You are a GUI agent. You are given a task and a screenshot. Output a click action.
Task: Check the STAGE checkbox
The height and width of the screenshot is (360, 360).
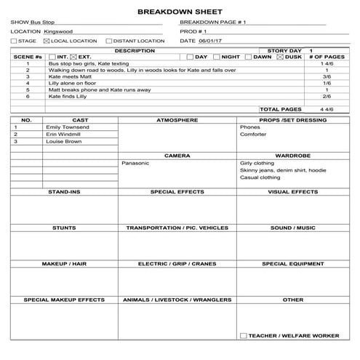point(14,41)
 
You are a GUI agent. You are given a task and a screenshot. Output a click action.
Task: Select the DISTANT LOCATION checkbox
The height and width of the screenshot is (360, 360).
point(109,41)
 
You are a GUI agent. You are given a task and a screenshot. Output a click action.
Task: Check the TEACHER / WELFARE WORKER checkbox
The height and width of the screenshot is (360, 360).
point(243,335)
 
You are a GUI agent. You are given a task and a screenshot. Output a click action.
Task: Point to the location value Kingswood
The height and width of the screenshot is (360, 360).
point(59,32)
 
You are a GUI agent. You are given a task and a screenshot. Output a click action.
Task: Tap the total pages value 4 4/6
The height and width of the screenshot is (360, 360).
point(326,108)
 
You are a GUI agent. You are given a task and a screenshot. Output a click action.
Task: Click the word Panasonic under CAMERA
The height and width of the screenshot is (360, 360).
point(136,163)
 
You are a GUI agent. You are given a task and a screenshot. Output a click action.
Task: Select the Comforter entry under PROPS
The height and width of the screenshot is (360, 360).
point(253,134)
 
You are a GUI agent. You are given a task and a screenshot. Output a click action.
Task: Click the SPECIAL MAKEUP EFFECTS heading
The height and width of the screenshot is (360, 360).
point(64,300)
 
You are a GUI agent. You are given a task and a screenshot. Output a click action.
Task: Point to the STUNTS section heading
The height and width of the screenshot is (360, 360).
point(64,228)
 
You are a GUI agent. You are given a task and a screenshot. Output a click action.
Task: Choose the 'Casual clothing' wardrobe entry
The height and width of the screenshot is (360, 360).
point(260,177)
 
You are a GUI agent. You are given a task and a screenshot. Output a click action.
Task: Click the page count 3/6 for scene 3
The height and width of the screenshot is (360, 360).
point(327,76)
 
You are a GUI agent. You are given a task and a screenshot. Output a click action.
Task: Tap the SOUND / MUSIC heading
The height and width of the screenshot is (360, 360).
point(292,228)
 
